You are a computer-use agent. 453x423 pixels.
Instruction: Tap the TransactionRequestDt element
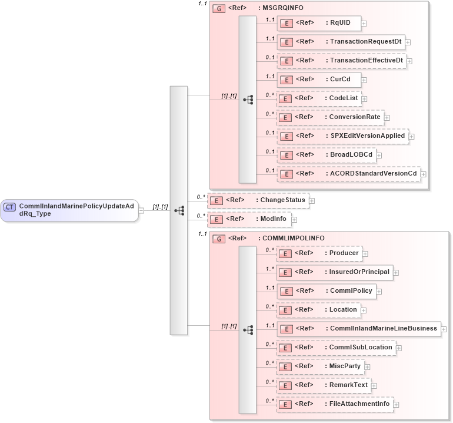(x=341, y=42)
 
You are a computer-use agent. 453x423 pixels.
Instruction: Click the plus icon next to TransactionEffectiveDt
(x=409, y=61)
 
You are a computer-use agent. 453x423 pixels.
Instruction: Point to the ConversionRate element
(x=330, y=117)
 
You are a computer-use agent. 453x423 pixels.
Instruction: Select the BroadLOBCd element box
(x=327, y=155)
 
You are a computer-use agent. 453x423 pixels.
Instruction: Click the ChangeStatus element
(x=258, y=200)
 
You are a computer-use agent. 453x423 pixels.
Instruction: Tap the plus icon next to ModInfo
(x=295, y=219)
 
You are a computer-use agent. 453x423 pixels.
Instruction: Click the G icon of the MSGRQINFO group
(x=218, y=9)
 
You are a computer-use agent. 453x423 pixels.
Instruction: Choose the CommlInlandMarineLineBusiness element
(x=358, y=328)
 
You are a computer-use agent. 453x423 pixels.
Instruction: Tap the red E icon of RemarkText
(x=285, y=385)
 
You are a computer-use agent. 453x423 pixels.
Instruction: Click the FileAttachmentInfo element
(x=335, y=404)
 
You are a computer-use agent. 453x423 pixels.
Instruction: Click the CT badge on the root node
(x=10, y=206)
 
